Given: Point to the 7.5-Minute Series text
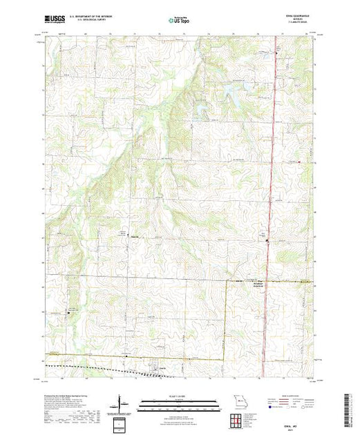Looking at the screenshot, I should click(x=302, y=26).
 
